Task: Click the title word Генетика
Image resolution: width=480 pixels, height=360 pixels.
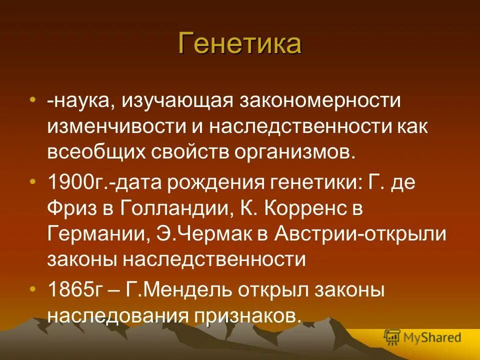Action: [x=239, y=43]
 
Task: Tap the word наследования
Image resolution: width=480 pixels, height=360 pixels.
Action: [x=115, y=315]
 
